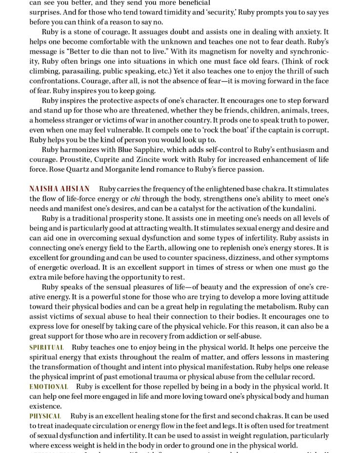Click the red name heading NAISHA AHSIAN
[x=59, y=189]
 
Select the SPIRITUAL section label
[x=46, y=348]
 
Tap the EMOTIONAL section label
[x=49, y=387]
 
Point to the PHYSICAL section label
[x=45, y=416]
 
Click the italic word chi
[x=135, y=199]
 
